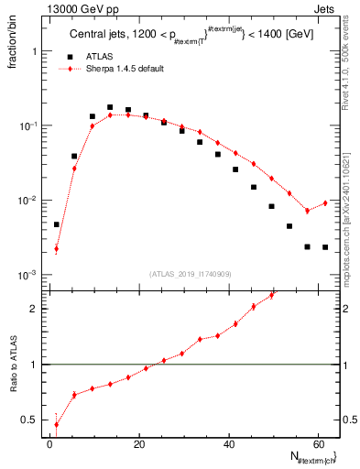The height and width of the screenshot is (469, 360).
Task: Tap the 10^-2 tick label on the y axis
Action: point(27,201)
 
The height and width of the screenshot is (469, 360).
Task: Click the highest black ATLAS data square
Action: point(110,107)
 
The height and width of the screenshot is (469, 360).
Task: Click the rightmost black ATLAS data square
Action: point(325,247)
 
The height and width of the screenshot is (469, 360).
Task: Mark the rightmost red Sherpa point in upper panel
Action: point(325,203)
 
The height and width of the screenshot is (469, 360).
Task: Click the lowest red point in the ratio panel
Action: point(57,424)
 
